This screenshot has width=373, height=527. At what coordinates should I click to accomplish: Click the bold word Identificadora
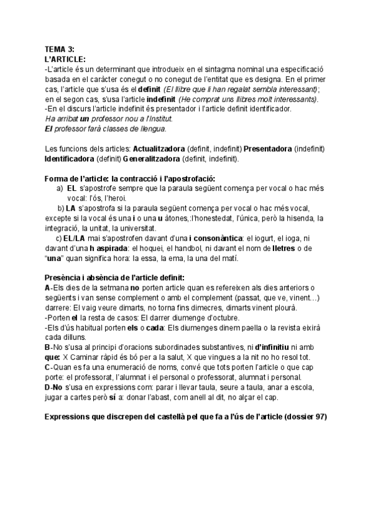pyautogui.click(x=71, y=159)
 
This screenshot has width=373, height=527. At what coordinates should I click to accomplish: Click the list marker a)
pyautogui.click(x=60, y=188)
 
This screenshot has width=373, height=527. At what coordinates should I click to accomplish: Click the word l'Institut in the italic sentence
pyautogui.click(x=155, y=118)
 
